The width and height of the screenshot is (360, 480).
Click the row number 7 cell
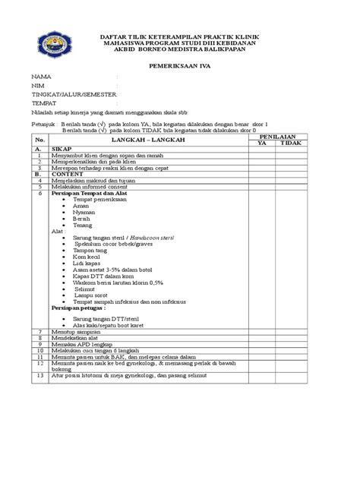[39, 332]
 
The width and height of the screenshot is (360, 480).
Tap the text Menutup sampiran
[77, 332]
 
